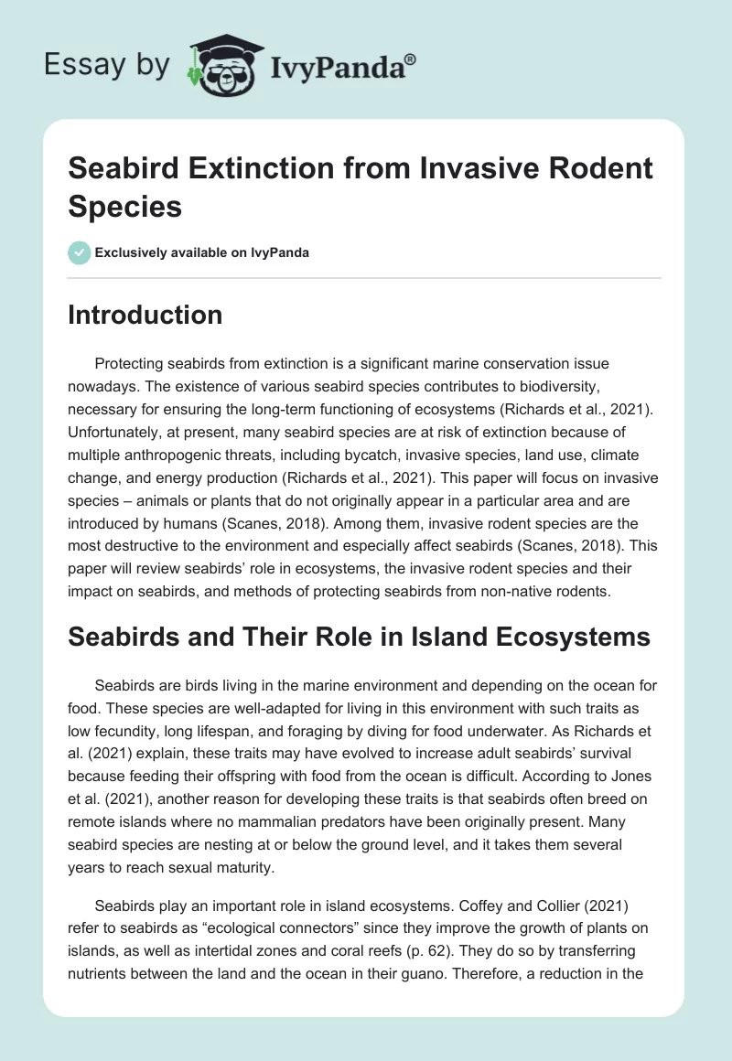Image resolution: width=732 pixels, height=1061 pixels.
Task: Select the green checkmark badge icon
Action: (x=79, y=252)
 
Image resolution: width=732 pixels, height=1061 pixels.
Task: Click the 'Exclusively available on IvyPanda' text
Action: (x=202, y=252)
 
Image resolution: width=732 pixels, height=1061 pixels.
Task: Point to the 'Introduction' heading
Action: (x=145, y=316)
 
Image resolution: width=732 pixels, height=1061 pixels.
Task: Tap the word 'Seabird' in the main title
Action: (x=128, y=168)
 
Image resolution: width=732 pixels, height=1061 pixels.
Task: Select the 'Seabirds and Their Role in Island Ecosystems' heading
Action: (x=360, y=637)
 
